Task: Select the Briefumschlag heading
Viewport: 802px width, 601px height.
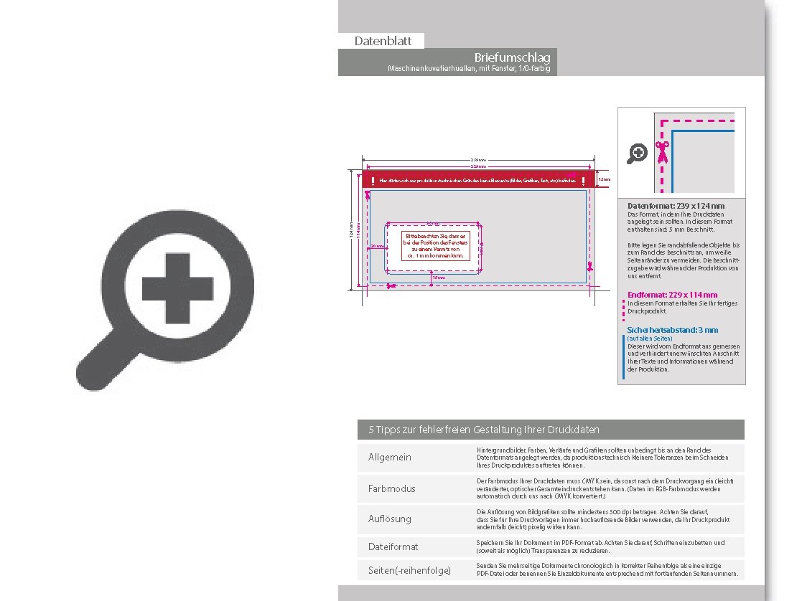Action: [512, 57]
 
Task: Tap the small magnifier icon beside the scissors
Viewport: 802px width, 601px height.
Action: [638, 153]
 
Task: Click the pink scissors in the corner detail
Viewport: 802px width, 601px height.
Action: [661, 153]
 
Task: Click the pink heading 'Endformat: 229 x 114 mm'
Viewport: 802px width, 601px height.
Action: [672, 295]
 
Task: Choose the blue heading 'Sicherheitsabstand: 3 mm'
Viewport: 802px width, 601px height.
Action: [672, 330]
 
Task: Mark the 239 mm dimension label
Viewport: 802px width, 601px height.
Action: [478, 159]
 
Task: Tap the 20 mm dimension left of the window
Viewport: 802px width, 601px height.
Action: [377, 246]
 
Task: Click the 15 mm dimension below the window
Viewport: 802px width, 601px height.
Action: [439, 278]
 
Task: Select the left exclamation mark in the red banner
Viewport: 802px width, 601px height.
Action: [373, 181]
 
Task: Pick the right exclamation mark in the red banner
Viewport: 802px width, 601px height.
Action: [583, 181]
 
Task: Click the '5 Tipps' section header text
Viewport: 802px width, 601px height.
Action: [484, 430]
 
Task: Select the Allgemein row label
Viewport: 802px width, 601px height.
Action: [390, 458]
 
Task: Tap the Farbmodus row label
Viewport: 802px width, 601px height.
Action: [391, 488]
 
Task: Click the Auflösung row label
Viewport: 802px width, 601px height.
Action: [390, 519]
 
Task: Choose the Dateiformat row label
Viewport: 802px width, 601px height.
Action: [393, 546]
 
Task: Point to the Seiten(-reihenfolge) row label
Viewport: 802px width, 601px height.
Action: [409, 570]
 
